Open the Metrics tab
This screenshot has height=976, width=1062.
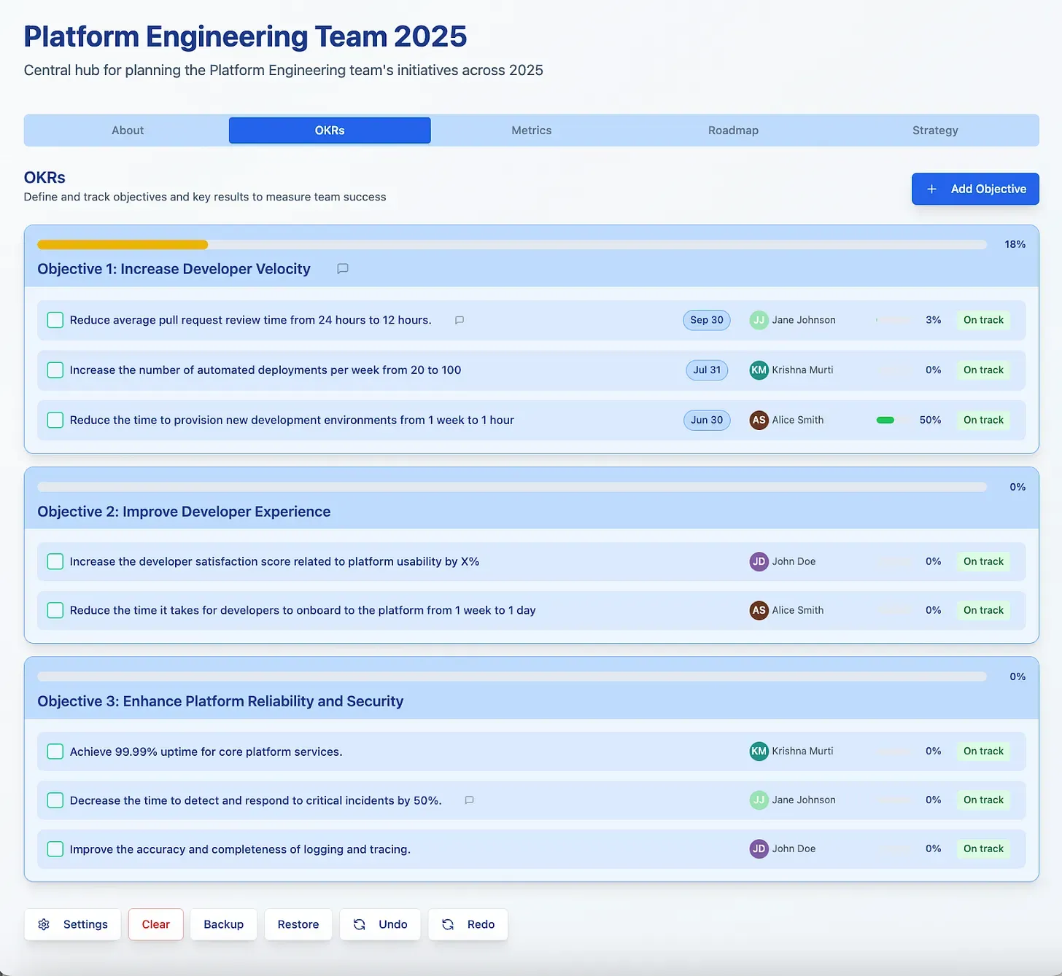531,130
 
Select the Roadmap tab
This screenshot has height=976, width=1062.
733,130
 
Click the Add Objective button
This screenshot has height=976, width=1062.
975,189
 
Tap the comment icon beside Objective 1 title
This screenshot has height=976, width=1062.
343,269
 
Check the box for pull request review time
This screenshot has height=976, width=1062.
55,320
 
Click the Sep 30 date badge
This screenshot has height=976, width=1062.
706,320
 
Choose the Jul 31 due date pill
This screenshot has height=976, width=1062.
707,370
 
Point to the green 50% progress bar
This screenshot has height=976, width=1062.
885,421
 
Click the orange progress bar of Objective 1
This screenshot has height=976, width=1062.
123,244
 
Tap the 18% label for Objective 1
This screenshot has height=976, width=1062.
1015,244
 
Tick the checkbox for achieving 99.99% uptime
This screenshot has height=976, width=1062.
55,751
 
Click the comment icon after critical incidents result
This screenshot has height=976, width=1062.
469,800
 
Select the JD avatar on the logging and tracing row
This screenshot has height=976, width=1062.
759,849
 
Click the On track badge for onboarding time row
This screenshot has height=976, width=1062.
983,610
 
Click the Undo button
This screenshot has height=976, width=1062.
380,925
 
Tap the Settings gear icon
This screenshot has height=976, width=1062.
44,925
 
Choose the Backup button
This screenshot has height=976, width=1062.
223,925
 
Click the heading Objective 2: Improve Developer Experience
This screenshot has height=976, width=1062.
184,512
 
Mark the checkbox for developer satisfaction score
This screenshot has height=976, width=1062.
55,561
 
